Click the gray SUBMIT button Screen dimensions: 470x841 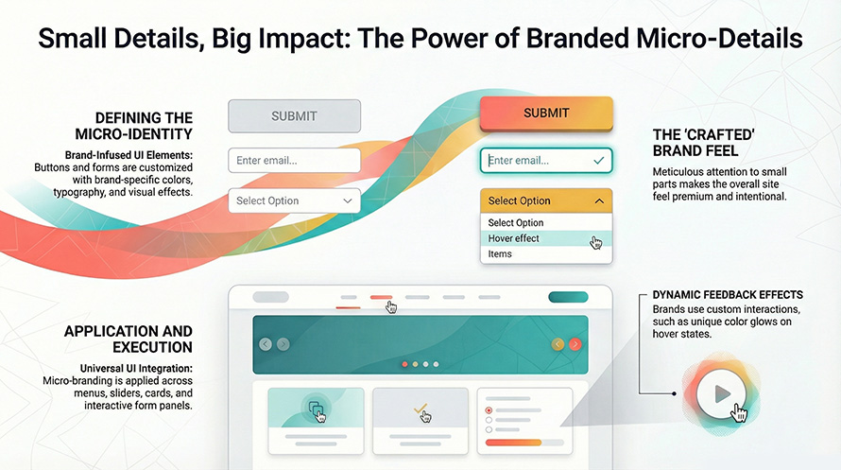[294, 116]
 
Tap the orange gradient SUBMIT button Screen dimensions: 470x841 [546, 113]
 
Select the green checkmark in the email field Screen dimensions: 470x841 [598, 162]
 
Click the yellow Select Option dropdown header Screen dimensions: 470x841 [546, 200]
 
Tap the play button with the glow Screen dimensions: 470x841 [722, 393]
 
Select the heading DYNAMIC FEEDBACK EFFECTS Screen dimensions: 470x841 [728, 295]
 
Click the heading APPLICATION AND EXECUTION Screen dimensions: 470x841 [128, 339]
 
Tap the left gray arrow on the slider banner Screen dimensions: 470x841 [266, 344]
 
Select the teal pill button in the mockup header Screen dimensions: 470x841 [567, 297]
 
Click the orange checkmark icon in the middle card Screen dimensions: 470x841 [421, 410]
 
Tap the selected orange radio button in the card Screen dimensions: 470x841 [489, 410]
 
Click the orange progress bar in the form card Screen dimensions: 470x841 [512, 442]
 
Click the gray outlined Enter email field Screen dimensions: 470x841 [294, 161]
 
